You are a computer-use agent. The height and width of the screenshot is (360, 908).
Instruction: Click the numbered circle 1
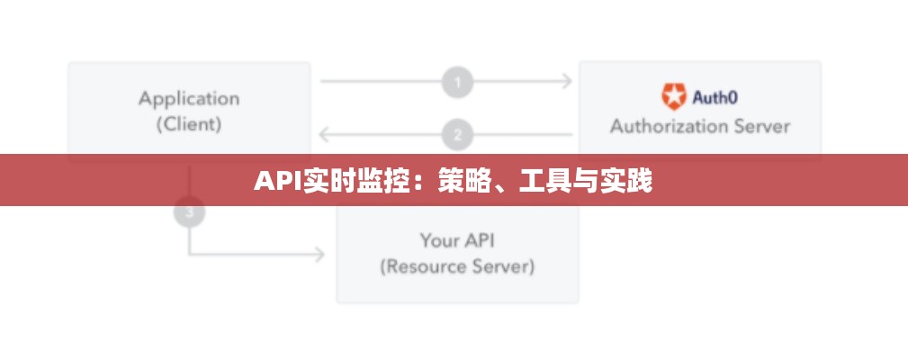(457, 83)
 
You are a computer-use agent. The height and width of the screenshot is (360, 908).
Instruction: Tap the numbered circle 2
(457, 135)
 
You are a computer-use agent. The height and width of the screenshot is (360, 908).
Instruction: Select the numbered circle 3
(189, 213)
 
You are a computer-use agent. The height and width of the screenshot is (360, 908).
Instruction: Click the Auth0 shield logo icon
(673, 95)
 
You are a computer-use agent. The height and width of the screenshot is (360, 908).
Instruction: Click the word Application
(189, 98)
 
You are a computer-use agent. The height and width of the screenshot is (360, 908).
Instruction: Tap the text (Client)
(189, 124)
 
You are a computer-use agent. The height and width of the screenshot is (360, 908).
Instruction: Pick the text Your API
(457, 240)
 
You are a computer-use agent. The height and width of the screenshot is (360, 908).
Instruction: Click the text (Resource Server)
(457, 266)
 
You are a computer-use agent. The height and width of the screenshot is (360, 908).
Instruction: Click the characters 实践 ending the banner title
(630, 182)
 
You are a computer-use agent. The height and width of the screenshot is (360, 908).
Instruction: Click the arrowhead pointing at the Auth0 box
(567, 82)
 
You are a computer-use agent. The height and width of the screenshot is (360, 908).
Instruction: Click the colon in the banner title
(424, 184)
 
